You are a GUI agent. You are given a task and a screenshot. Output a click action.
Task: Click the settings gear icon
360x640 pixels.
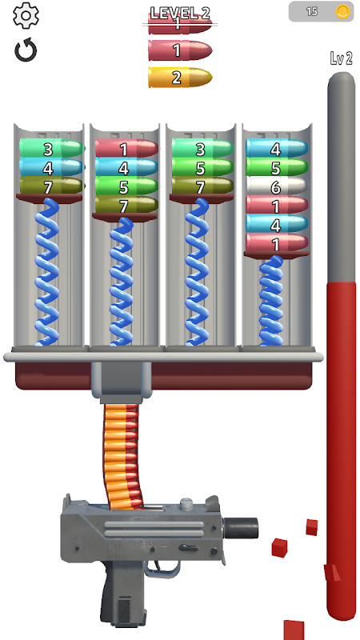coord(26,15)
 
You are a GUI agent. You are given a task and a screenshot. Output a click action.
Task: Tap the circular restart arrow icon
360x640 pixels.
coord(26,50)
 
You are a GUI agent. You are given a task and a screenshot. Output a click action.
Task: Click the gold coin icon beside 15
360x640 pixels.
coord(343,11)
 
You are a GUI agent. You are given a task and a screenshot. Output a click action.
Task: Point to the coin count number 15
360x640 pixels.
coord(312,11)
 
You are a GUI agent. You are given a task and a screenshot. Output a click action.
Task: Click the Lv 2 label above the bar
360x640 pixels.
coord(342,58)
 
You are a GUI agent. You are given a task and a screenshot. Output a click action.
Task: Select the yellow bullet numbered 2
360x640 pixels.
coord(180,78)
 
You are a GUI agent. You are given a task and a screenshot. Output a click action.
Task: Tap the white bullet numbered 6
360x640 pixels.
coord(277,186)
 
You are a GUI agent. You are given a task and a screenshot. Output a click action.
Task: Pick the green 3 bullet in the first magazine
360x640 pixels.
coord(51,149)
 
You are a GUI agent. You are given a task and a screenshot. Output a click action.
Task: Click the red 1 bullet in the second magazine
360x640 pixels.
coord(126,149)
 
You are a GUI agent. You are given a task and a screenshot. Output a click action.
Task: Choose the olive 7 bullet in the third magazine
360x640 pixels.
coord(202,186)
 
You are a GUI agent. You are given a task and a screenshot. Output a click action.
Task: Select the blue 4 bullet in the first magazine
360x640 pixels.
coord(51,167)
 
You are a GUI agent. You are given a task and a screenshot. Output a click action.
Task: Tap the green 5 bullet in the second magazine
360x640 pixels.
coord(126,186)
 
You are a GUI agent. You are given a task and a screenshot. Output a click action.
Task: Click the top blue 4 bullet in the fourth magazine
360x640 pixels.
coord(277,149)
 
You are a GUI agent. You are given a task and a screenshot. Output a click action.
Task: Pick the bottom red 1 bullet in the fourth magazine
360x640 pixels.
coord(277,243)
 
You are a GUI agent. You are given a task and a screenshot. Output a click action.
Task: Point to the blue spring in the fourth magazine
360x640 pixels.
coord(271,302)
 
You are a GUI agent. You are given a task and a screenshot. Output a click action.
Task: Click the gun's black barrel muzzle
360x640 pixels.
coord(241,528)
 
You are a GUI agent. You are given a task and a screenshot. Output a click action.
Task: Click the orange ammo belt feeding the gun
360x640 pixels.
coord(122,456)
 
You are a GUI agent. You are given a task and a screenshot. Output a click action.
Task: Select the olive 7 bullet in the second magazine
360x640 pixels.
coord(126,206)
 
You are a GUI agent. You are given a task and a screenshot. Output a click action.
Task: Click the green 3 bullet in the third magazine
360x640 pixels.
coord(202,149)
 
